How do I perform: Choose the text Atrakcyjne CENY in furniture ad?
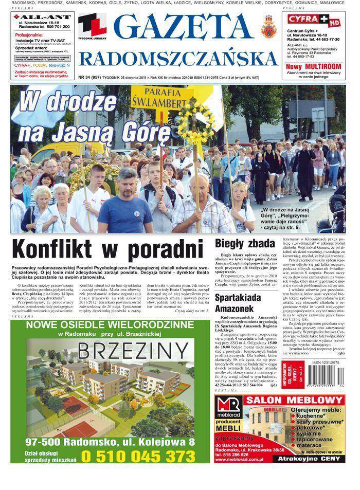point(316,459)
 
